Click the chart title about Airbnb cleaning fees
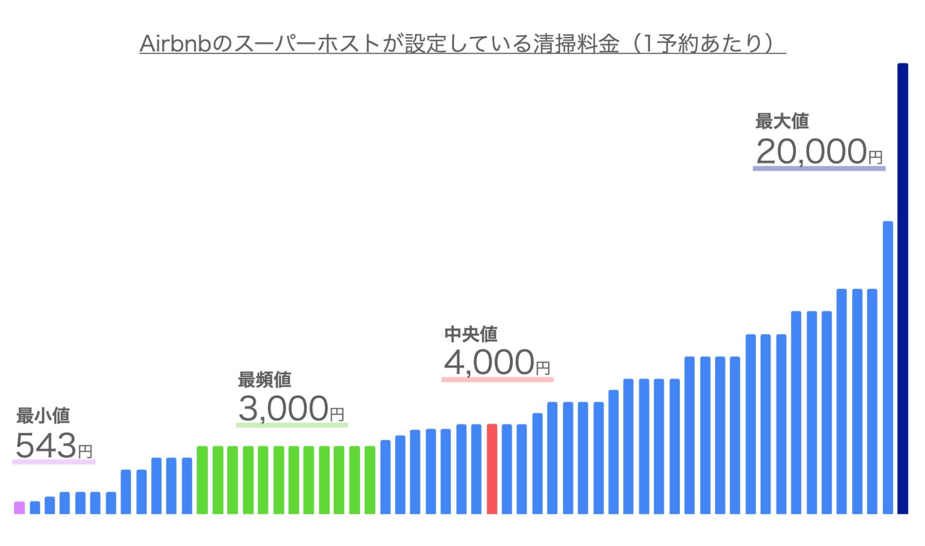(462, 44)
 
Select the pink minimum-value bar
(19, 508)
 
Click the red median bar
(492, 468)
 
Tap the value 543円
(54, 446)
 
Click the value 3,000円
(291, 409)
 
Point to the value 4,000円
(497, 363)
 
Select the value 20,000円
(819, 152)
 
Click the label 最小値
(43, 416)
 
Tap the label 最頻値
(264, 379)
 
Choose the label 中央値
(471, 334)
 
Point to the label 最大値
(782, 121)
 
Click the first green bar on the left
(202, 480)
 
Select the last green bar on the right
(370, 480)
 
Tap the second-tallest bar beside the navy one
(888, 368)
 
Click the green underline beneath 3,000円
(292, 425)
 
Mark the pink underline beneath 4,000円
(497, 379)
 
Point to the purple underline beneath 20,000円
(819, 168)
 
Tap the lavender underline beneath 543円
(54, 462)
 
